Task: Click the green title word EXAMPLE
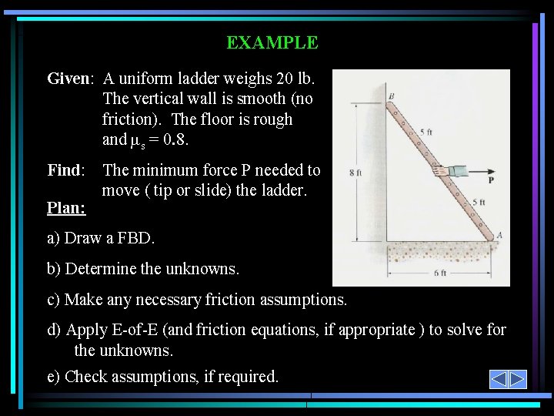click(x=272, y=43)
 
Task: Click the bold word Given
click(x=68, y=79)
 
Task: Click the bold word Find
click(x=65, y=170)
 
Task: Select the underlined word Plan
click(x=66, y=208)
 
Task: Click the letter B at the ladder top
click(x=391, y=96)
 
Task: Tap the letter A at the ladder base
click(x=499, y=235)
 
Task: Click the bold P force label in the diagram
click(x=491, y=179)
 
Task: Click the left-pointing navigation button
click(x=499, y=379)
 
